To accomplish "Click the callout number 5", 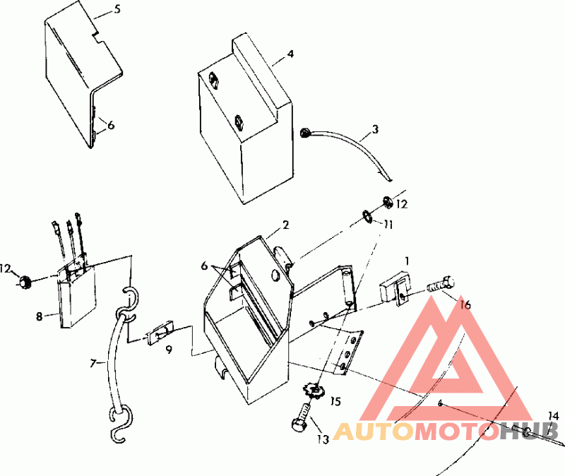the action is coord(117,9).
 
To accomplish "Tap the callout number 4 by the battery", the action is coord(290,54).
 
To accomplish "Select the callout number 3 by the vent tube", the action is coord(375,129).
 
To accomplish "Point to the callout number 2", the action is coord(285,225).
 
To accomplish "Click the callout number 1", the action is coord(407,261).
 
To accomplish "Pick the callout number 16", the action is coord(465,305).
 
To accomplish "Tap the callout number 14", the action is coord(554,416).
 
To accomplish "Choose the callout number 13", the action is coord(323,439).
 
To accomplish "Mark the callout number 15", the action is coord(335,401).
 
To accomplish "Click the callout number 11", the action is coord(388,225).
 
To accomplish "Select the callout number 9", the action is coord(169,349).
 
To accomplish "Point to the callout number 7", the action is coord(93,364).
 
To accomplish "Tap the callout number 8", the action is coord(39,316).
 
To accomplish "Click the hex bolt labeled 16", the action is coord(440,284).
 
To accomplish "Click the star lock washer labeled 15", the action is coord(312,390).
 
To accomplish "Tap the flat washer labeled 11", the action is coord(367,218).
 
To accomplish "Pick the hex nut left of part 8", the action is coord(24,281).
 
